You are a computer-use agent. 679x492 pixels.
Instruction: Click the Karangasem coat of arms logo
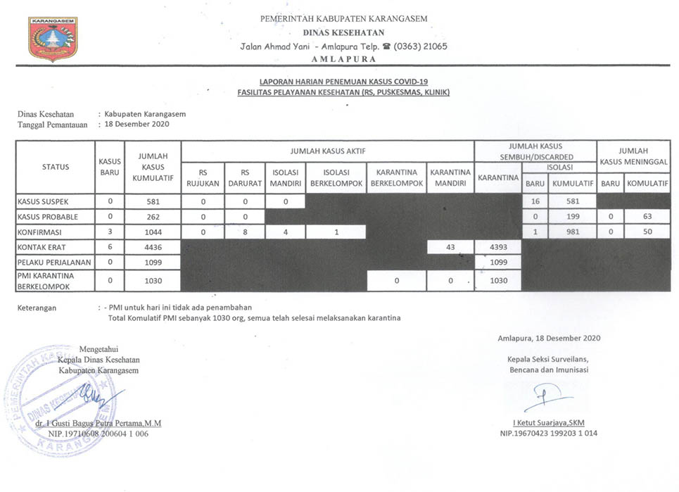tap(52, 38)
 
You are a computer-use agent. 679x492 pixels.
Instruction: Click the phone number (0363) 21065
tap(420, 46)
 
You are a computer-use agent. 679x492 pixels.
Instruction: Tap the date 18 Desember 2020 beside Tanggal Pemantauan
tap(137, 124)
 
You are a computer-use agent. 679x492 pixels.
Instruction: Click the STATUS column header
tap(56, 167)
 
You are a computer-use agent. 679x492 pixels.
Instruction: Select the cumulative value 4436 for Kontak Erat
tap(153, 247)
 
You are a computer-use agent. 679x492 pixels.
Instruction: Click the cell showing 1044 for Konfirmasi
tap(153, 232)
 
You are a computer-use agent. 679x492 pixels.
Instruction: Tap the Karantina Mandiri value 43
tap(450, 247)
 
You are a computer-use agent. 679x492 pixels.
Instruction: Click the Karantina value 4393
tap(499, 247)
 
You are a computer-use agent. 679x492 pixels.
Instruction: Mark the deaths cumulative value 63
tap(647, 217)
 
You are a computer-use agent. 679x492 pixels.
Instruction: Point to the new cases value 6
tap(110, 247)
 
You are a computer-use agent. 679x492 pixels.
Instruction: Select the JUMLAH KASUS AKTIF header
tap(327, 151)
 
